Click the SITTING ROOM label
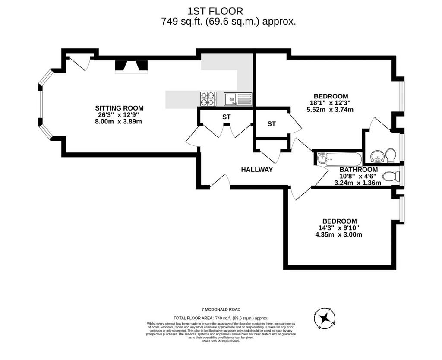point(119,108)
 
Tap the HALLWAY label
point(257,170)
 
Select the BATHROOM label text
point(359,170)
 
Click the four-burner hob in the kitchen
point(208,99)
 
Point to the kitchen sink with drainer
point(238,99)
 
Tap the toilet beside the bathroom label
point(391,177)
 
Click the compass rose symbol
point(325,318)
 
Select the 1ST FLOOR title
point(215,11)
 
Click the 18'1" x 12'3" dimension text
point(330,103)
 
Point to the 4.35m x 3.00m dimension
point(338,234)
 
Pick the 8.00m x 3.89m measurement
point(119,121)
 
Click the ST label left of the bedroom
point(272,124)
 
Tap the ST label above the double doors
point(226,117)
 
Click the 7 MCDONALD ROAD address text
point(221,309)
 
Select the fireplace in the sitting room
point(131,67)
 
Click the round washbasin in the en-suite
point(377,156)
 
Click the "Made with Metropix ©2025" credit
point(221,341)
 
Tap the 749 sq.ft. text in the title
point(182,22)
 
